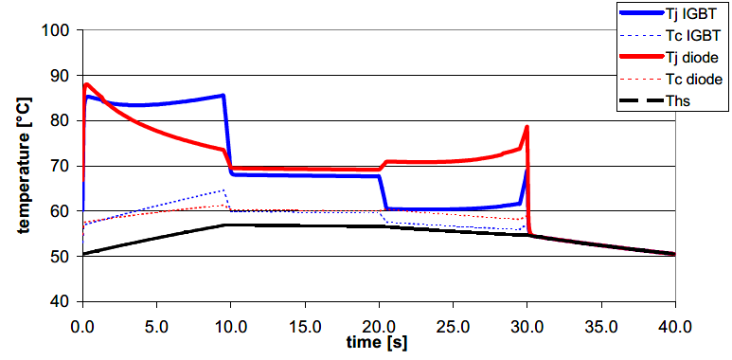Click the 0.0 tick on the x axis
point(83,322)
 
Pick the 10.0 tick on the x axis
point(231,322)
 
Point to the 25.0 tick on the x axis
point(453,322)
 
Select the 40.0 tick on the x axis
point(674,322)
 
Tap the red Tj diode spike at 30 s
point(527,127)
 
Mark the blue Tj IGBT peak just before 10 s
point(223,95)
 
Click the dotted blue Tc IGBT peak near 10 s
point(223,190)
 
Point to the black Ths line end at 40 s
point(674,254)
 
